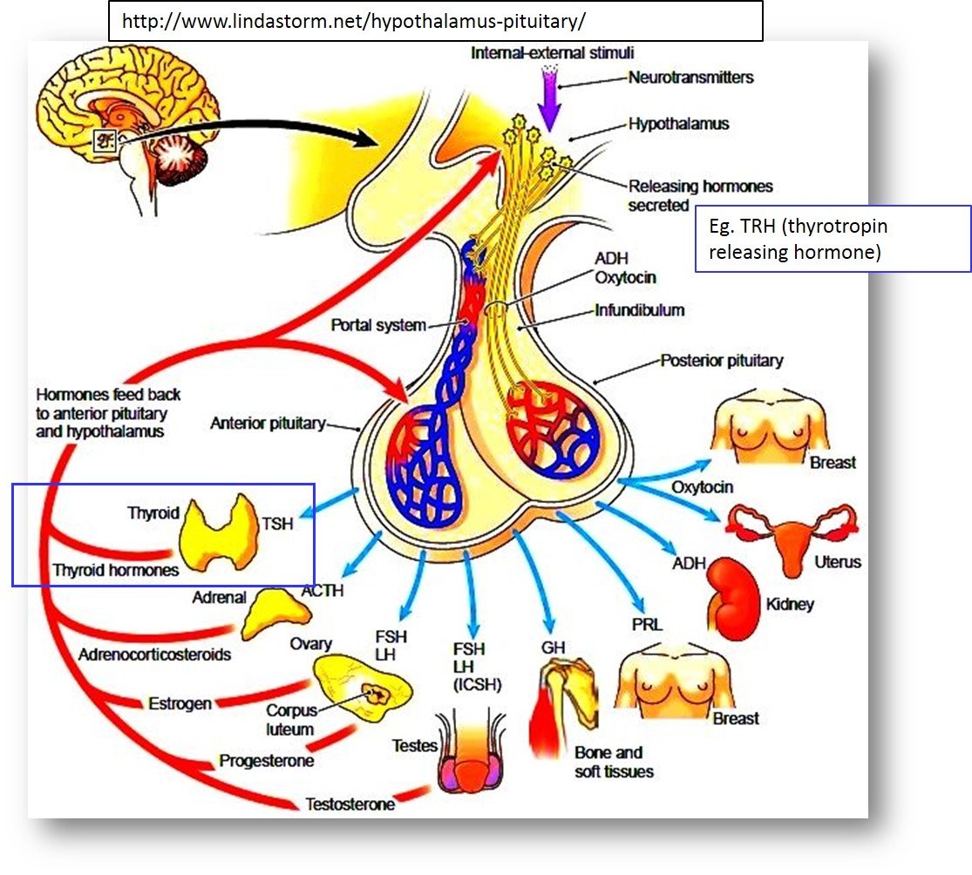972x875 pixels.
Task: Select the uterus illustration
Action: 793,535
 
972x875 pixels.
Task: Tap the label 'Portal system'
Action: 378,326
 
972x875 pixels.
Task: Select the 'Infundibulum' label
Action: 639,309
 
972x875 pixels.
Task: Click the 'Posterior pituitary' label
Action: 721,360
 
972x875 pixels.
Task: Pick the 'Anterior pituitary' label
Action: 268,424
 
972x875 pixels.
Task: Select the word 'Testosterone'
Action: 350,804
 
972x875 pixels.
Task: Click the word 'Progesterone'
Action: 266,761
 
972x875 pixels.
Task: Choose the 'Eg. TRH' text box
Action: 833,240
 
